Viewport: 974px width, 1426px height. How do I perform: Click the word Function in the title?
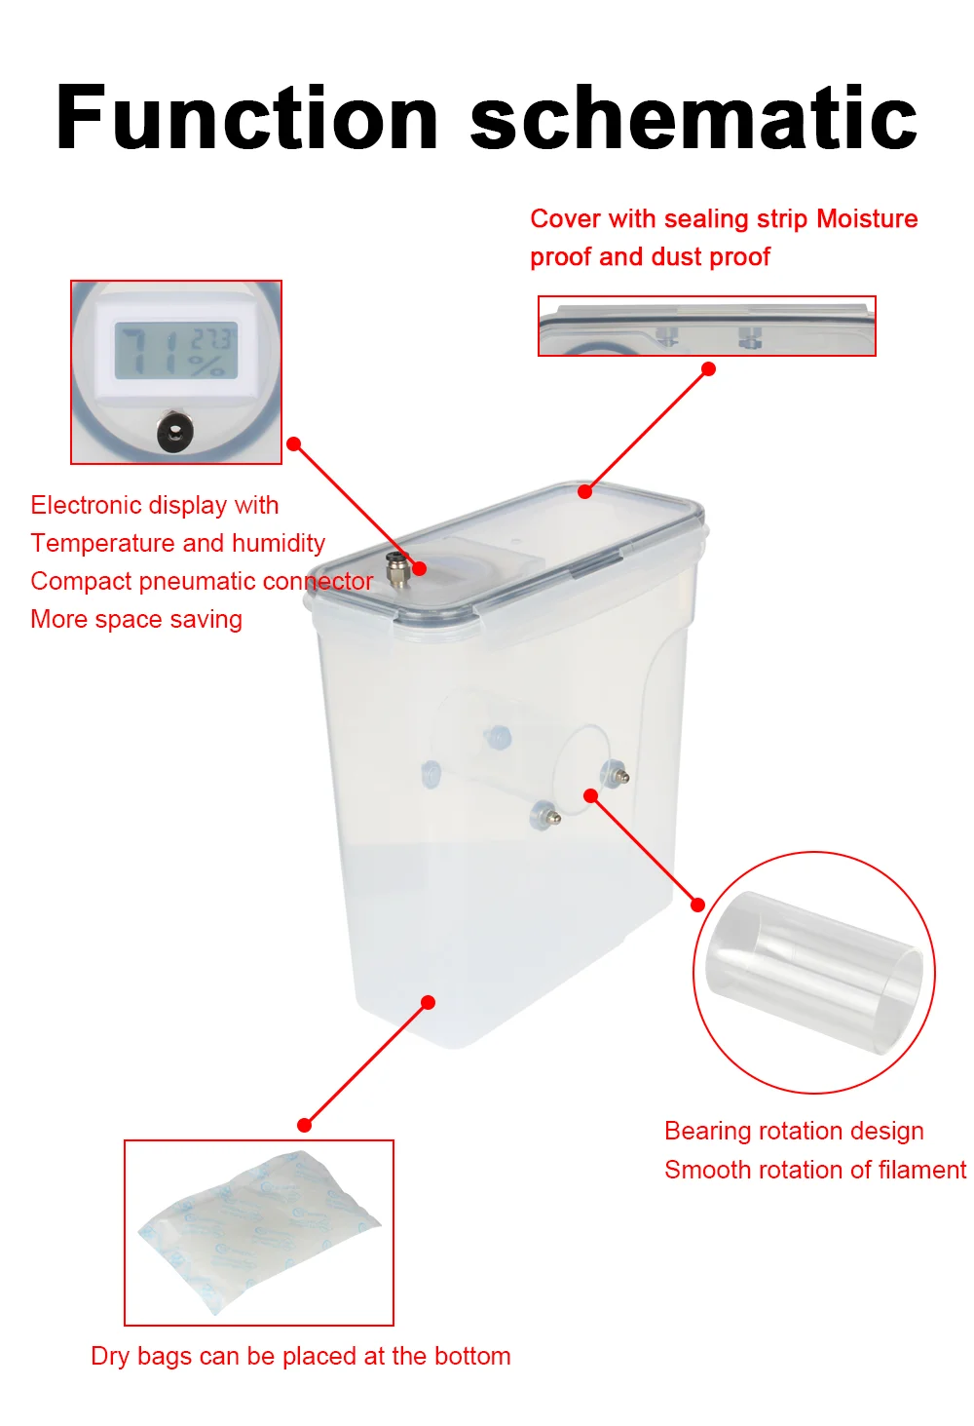(247, 119)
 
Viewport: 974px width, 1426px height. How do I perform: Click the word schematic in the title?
(693, 119)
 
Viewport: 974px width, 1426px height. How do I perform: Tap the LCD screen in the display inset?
(176, 352)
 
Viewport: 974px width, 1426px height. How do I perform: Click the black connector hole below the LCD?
(175, 430)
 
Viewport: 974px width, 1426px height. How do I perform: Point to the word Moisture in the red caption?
(867, 218)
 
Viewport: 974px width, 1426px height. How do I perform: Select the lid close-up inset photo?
(707, 327)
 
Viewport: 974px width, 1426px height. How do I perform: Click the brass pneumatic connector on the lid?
(396, 569)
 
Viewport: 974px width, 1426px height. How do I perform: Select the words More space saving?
(136, 619)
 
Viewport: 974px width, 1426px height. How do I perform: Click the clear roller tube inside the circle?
(813, 973)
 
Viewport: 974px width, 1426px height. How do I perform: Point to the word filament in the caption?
(922, 1170)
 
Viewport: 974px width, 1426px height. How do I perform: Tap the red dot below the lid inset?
(709, 369)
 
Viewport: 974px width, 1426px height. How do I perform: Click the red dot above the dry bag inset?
(305, 1125)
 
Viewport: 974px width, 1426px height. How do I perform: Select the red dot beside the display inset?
(294, 444)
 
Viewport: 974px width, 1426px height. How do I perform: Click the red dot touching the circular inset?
(697, 905)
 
